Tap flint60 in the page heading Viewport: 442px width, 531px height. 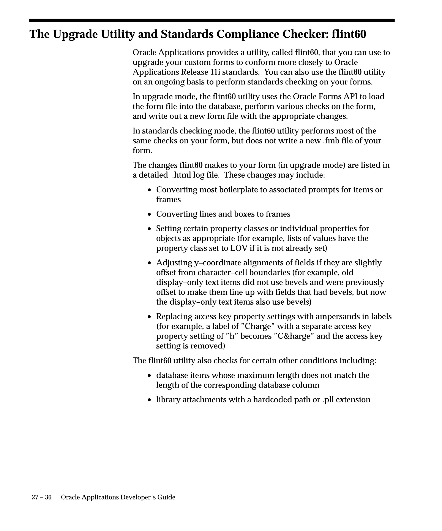[349, 34]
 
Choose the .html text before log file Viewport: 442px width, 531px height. [182, 175]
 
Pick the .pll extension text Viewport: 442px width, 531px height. [328, 399]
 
